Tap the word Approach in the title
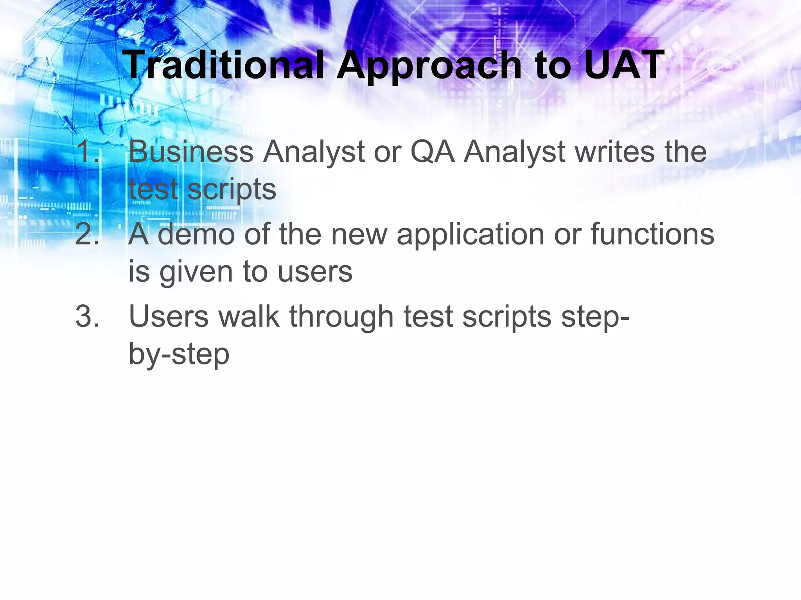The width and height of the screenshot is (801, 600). (429, 66)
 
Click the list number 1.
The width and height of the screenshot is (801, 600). (87, 152)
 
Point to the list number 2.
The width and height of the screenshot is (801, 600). (87, 234)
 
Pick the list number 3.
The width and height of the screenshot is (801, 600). (87, 316)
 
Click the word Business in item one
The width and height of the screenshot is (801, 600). (191, 152)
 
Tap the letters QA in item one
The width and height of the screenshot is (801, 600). (432, 152)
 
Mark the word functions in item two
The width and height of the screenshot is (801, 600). (652, 234)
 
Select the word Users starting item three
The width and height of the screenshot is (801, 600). (169, 316)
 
